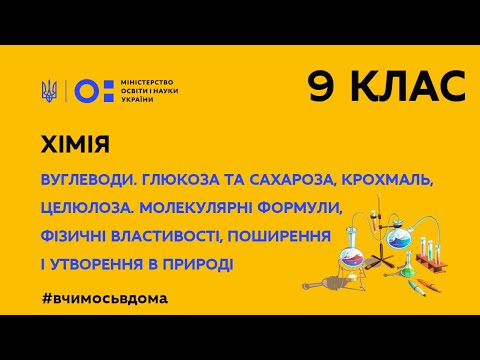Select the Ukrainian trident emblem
[x=49, y=89]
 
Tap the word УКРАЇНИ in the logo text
[x=133, y=101]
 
